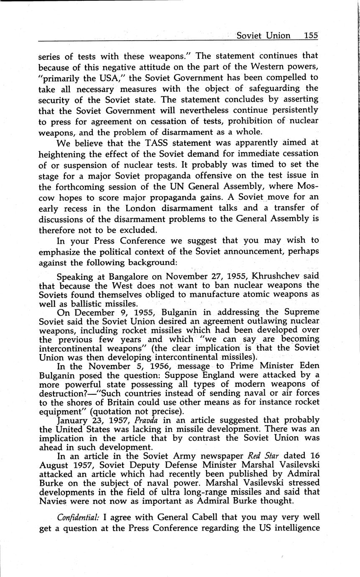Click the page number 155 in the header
[311, 36]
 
